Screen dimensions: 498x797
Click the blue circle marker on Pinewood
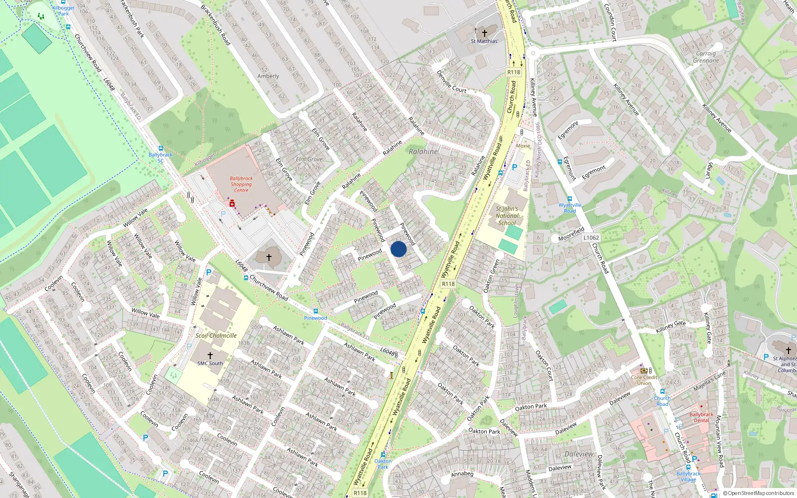click(398, 249)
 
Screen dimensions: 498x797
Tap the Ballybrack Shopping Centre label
click(241, 184)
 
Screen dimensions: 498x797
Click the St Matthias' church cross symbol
click(484, 32)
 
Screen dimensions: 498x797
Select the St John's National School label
click(507, 216)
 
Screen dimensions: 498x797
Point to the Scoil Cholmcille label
click(216, 336)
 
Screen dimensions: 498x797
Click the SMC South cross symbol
click(210, 356)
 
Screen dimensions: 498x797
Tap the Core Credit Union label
click(644, 380)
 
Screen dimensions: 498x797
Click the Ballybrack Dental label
click(701, 417)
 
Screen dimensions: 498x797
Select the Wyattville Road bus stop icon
click(569, 199)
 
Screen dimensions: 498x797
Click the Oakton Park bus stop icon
click(383, 454)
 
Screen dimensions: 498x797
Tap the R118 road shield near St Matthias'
click(514, 72)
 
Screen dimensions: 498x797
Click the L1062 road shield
click(591, 238)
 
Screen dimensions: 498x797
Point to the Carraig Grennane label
click(706, 57)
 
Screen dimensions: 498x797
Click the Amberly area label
click(268, 76)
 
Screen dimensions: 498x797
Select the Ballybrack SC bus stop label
click(160, 157)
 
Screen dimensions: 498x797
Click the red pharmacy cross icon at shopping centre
click(232, 204)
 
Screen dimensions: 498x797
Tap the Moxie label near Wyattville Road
click(523, 146)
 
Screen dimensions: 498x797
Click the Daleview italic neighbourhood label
click(579, 454)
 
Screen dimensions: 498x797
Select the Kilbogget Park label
click(63, 10)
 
